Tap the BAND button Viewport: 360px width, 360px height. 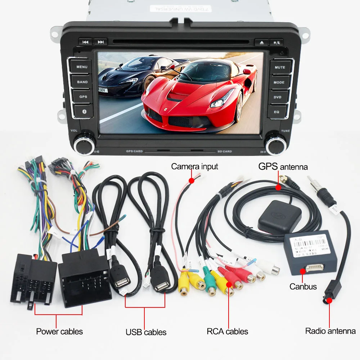coord(82,82)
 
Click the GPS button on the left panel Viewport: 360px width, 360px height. coord(83,97)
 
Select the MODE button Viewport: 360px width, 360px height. coord(279,82)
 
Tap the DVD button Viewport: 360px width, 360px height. coord(277,97)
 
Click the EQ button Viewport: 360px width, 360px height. coord(276,112)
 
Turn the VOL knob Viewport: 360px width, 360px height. coord(84,144)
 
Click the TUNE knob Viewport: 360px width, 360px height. coord(276,144)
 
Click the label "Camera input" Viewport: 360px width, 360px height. coord(194,166)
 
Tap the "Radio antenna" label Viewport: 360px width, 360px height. coord(330,331)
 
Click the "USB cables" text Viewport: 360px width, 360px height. coord(146,332)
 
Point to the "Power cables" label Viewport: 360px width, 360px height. coord(59,331)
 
